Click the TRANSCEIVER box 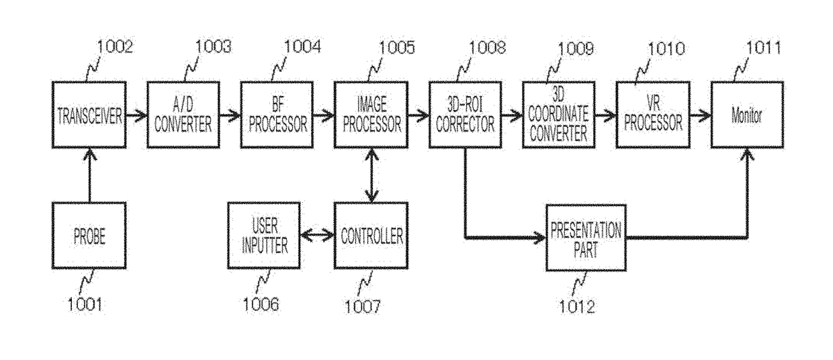coord(89,115)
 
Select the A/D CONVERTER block coord(183,115)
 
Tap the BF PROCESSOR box coord(277,115)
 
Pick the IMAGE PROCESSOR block coord(371,115)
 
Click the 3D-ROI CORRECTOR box coord(466,115)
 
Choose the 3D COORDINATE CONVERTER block coord(558,115)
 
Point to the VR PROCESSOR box coord(653,115)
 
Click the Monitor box coord(747,115)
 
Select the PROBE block coord(89,236)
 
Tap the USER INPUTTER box coord(264,236)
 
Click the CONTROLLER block coord(371,236)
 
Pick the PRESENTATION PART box coord(586,238)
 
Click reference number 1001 coord(85,304)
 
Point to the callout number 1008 coord(487,48)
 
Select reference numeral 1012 coord(577,307)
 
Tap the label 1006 coord(261,304)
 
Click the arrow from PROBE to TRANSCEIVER coord(89,175)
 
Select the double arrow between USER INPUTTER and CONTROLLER coord(317,236)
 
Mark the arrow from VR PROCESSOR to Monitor coord(701,116)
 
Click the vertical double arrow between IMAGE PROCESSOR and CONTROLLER coord(371,175)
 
